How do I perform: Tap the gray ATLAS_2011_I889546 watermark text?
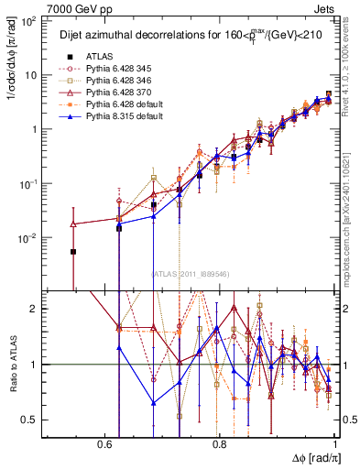click(x=191, y=275)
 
